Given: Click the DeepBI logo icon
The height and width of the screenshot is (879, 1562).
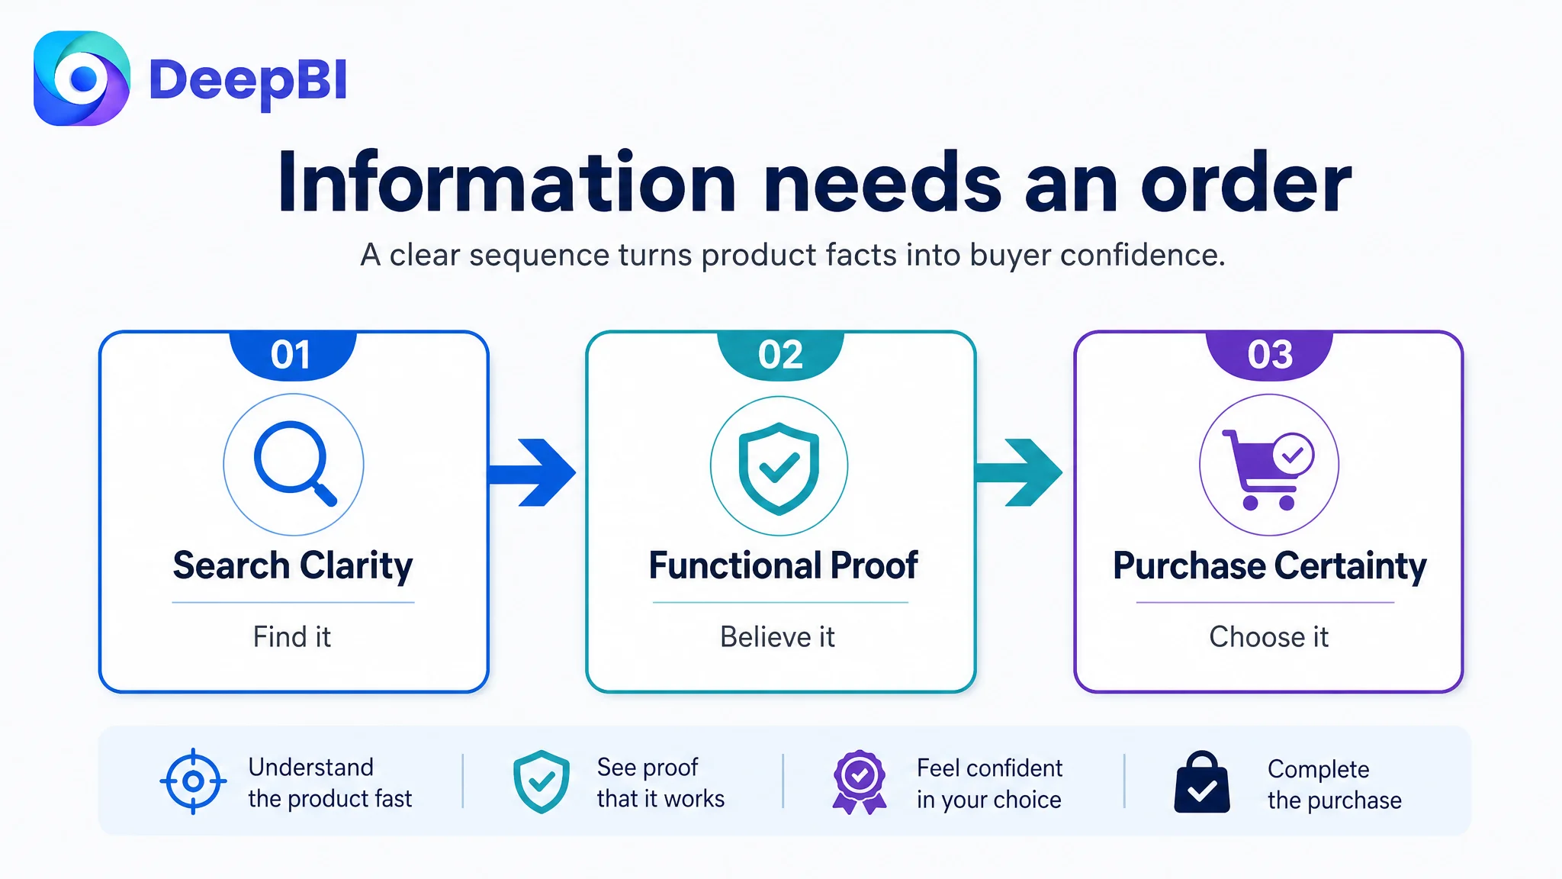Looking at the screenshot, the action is (x=82, y=79).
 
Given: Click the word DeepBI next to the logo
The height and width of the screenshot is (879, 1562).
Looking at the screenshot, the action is (x=249, y=81).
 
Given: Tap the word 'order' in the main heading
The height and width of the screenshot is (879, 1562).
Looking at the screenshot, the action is (x=1245, y=183).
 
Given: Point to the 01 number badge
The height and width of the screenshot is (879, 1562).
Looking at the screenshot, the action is (x=292, y=355).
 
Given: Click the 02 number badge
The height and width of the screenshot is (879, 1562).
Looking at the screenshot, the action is (x=780, y=355).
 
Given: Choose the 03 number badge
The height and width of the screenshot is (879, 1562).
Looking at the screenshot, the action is (x=1269, y=355).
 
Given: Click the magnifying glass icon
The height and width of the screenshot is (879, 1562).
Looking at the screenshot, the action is (x=294, y=464).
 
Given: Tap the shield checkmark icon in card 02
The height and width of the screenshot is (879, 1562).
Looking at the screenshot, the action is (x=779, y=468).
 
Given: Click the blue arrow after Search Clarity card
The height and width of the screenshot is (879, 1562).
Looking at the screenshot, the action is (x=532, y=472).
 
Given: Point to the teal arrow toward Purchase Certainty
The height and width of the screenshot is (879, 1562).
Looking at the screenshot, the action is (x=1019, y=472).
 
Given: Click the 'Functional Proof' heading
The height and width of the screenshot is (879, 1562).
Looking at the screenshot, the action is (x=783, y=566).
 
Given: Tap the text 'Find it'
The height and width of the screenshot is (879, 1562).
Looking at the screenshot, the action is (x=292, y=637).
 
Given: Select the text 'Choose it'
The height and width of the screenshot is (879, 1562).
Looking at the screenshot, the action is (x=1269, y=637).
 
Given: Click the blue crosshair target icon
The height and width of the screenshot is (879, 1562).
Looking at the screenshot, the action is (x=193, y=781).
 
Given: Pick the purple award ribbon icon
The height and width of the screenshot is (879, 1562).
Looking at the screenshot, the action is (x=860, y=781).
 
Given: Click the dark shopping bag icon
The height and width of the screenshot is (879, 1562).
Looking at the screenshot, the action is (x=1202, y=782).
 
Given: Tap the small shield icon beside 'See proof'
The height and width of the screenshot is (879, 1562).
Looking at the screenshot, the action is (x=542, y=781).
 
